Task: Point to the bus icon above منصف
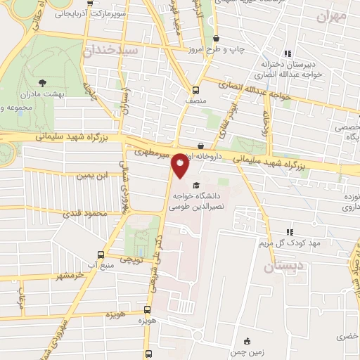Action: pos(195,89)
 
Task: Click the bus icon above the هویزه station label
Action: pos(147,309)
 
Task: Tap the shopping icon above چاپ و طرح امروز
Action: pos(215,38)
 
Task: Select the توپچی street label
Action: pos(129,259)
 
